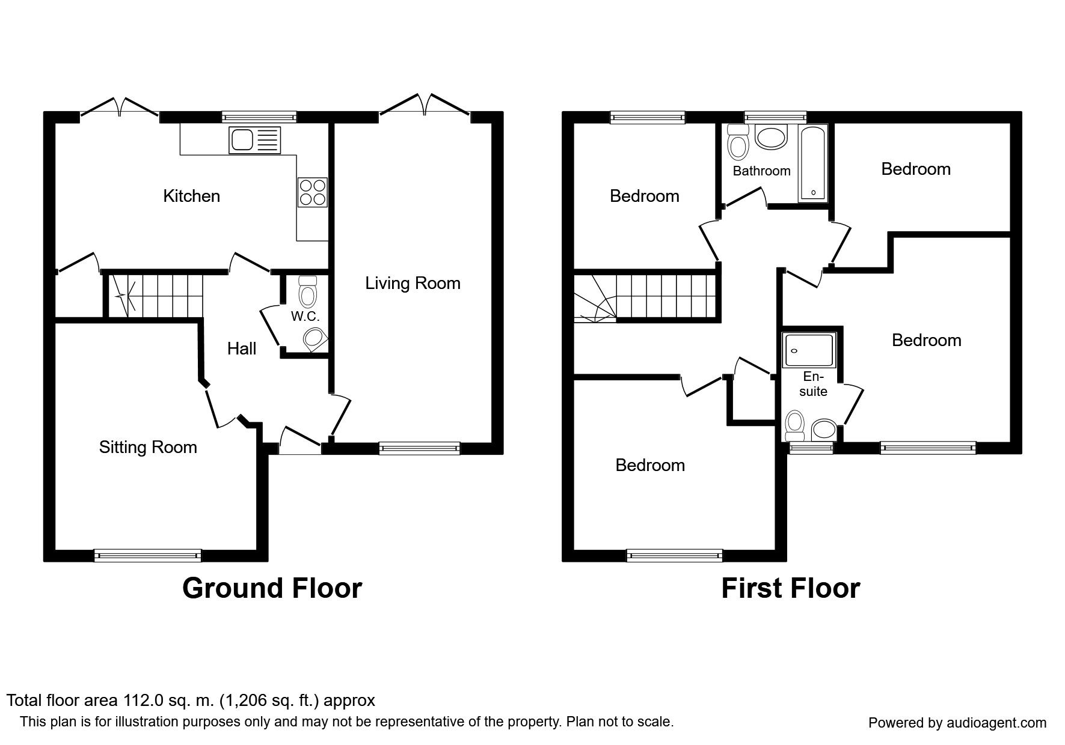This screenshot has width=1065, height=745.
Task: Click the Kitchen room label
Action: tap(191, 196)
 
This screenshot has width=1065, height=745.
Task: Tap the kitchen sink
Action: tap(254, 140)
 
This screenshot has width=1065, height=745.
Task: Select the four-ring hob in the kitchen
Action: tap(313, 192)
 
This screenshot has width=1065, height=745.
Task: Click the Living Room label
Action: tap(413, 283)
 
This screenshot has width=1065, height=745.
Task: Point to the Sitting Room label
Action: tap(148, 447)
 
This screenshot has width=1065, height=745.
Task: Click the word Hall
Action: tap(242, 348)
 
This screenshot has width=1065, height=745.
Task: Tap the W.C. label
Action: tap(305, 316)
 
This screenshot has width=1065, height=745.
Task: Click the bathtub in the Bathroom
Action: tap(813, 163)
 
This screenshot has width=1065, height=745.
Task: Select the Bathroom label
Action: tap(761, 171)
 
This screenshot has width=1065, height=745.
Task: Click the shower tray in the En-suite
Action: tap(809, 350)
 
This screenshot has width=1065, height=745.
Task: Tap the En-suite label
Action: tap(813, 384)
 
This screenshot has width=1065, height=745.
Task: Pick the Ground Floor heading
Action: tap(272, 588)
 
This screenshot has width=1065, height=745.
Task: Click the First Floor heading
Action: tap(790, 588)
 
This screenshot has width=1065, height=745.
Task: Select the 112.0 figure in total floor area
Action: tap(143, 701)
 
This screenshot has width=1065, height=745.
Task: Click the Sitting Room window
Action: tap(148, 556)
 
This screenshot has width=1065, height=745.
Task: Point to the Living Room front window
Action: tap(420, 448)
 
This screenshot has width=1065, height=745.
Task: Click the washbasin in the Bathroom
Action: tap(771, 137)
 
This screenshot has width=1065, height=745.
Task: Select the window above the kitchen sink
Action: tap(259, 117)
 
